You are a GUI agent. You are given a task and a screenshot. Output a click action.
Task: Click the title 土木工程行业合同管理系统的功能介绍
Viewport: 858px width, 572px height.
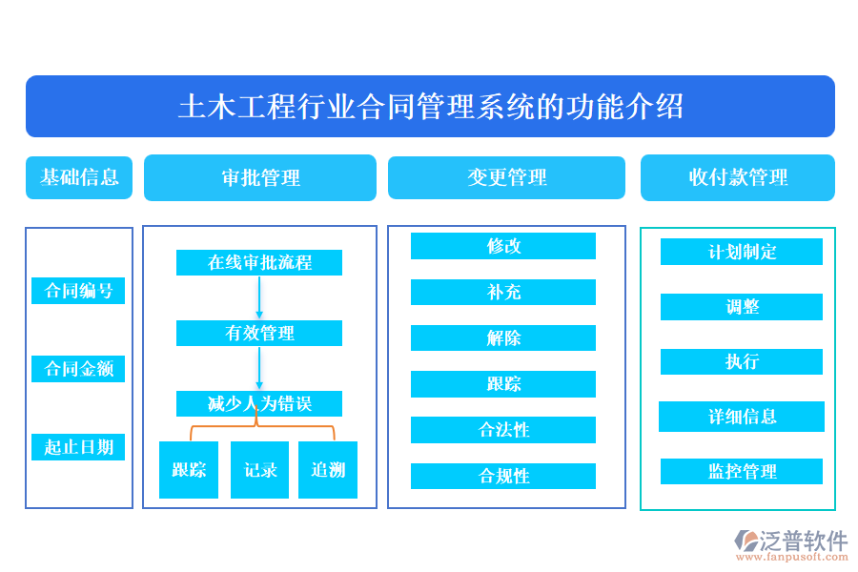point(430,107)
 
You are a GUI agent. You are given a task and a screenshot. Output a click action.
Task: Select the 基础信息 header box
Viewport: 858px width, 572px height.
point(79,177)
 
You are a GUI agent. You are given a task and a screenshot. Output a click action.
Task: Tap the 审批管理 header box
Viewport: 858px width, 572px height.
point(260,178)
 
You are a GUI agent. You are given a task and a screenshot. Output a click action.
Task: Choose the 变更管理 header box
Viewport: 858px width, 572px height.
point(506,178)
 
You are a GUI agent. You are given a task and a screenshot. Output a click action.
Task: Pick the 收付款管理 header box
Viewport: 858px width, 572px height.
point(737,178)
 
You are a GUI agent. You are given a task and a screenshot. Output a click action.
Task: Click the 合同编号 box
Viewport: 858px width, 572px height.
point(78,291)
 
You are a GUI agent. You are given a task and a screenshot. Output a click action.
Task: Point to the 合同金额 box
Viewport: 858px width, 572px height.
point(78,369)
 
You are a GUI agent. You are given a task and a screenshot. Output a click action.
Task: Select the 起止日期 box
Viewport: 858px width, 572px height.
point(78,447)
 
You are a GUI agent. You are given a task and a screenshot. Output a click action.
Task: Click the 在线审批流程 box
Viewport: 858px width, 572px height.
point(259,262)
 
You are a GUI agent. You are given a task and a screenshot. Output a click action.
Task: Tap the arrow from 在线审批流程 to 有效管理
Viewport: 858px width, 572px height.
point(259,297)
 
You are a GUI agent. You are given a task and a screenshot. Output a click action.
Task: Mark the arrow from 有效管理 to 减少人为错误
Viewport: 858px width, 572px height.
point(259,368)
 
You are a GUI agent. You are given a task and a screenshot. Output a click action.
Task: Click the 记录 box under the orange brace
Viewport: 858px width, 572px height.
point(259,470)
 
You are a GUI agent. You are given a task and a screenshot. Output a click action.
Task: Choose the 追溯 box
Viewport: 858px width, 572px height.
point(328,470)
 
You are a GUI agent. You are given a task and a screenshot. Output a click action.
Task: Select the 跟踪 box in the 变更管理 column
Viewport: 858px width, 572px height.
point(503,384)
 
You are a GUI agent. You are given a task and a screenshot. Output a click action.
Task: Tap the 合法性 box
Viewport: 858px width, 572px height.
point(503,430)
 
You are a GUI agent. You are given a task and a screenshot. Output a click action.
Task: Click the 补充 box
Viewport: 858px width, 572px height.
point(503,292)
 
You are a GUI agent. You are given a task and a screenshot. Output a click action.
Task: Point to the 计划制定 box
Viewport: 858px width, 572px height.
point(742,252)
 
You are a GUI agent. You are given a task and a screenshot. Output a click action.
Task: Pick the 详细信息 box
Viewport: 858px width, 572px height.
point(742,417)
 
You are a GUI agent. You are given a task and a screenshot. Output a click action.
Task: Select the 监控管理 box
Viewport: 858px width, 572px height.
point(742,471)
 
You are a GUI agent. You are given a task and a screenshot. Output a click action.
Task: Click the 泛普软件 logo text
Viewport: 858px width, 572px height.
point(803,542)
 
